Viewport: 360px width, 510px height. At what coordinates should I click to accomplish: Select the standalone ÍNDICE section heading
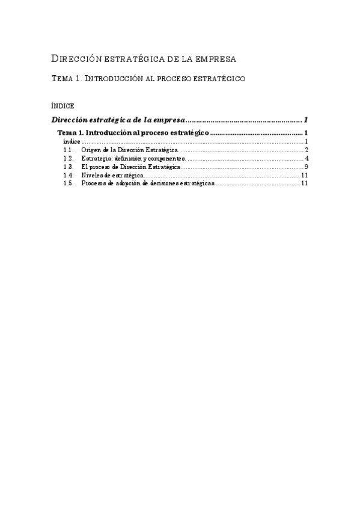click(63, 105)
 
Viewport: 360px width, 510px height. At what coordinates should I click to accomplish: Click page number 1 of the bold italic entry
click(307, 119)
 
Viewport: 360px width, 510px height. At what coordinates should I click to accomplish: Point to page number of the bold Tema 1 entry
click(307, 132)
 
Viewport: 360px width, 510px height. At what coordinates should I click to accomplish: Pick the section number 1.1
click(69, 150)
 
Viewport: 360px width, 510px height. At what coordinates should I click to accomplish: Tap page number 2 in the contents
click(307, 150)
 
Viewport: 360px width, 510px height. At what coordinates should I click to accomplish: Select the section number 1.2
click(69, 158)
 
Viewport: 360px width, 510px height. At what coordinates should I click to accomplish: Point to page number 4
click(307, 158)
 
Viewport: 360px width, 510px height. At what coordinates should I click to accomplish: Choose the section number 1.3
click(69, 167)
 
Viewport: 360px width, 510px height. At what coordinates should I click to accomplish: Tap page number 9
click(307, 167)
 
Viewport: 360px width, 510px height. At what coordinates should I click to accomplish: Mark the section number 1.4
click(69, 175)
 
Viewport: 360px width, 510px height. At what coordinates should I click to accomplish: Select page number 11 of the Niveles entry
click(305, 175)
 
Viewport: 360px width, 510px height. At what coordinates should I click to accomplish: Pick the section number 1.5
click(69, 183)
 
